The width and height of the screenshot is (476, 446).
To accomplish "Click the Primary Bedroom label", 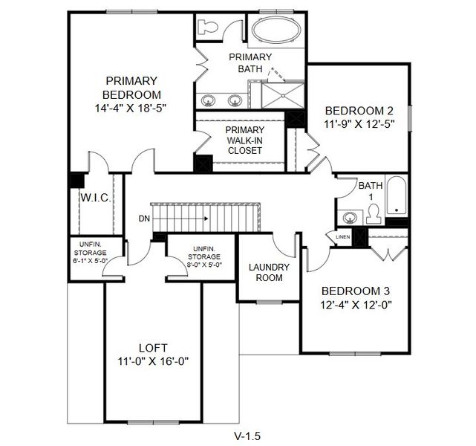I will (131, 88).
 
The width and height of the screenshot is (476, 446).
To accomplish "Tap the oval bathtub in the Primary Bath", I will (275, 32).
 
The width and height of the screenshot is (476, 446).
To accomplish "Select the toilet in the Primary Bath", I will (209, 28).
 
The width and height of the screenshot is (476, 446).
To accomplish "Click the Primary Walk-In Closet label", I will (244, 140).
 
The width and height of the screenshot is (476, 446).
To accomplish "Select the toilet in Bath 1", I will (374, 214).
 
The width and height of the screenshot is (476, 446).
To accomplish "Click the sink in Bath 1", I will (349, 218).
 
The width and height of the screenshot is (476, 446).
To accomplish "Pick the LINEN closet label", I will (342, 237).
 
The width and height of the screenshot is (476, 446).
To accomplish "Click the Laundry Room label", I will (269, 272).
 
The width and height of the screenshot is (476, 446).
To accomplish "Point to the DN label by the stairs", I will (144, 219).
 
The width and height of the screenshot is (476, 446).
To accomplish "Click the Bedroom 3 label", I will (356, 291).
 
